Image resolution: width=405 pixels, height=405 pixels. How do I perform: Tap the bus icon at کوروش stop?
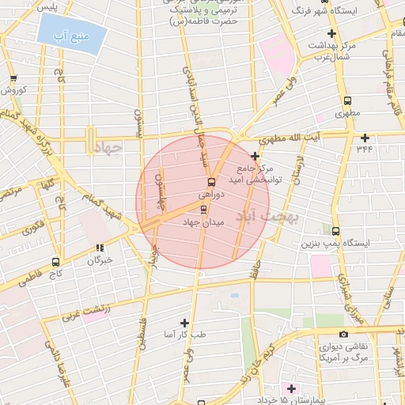[x=13, y=78]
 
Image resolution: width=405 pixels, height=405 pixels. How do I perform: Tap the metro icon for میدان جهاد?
[x=205, y=210]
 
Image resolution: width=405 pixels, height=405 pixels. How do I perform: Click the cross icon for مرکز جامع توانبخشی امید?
[x=255, y=156]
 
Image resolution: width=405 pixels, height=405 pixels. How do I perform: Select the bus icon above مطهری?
[x=347, y=100]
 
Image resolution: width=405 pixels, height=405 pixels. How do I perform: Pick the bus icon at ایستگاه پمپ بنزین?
[x=336, y=231]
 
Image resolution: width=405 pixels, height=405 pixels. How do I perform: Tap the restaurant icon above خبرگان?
[x=100, y=248]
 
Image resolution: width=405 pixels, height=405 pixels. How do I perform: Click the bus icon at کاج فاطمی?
[x=55, y=261]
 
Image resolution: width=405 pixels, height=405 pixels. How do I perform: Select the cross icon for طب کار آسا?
[x=184, y=323]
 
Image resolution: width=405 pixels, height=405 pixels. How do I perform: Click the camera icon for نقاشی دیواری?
[x=343, y=335]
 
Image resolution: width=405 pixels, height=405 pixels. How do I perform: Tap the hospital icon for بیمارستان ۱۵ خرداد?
[x=290, y=388]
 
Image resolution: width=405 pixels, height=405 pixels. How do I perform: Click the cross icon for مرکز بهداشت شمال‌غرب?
[x=331, y=33]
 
